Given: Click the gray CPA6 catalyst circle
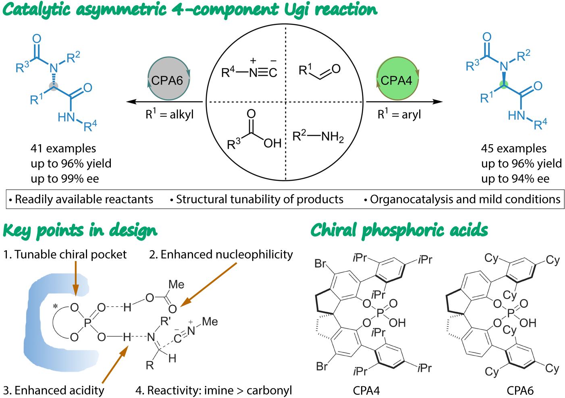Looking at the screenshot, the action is click(168, 79).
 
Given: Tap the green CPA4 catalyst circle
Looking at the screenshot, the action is click(397, 79).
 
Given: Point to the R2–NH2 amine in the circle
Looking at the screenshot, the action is click(318, 137).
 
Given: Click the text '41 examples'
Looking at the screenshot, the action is click(63, 149).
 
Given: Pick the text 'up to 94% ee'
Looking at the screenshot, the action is click(515, 179).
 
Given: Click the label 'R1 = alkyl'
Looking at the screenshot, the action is click(170, 114).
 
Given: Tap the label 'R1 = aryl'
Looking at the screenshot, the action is click(399, 114).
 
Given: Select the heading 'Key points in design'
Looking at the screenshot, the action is click(80, 231).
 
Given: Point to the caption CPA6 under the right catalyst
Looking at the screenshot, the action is click(520, 391).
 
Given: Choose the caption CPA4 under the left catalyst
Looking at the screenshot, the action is click(366, 391).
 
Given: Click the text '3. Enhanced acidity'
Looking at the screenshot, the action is click(54, 390).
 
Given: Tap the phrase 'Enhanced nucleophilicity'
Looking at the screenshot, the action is click(227, 254).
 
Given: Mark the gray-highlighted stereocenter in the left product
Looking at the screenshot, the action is click(54, 87).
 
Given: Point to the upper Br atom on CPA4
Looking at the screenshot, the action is click(320, 263).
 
